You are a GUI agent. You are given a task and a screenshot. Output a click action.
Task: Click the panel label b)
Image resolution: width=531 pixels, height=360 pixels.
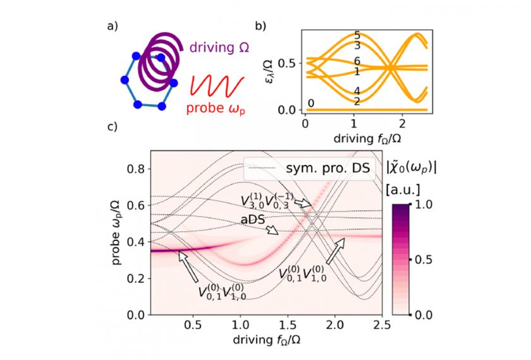260,26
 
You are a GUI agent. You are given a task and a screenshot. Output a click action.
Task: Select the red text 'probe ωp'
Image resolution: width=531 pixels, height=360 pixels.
215,106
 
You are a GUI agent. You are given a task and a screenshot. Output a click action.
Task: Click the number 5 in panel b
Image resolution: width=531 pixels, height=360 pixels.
357,35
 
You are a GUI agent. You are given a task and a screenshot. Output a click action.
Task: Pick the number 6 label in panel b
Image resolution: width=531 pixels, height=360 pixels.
357,61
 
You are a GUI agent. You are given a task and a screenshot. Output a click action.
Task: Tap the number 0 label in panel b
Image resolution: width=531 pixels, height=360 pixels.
310,104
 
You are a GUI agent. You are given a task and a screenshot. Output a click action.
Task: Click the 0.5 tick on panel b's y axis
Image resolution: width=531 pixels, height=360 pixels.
290,63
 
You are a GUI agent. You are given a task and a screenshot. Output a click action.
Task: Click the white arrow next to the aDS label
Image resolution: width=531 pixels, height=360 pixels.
271,229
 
